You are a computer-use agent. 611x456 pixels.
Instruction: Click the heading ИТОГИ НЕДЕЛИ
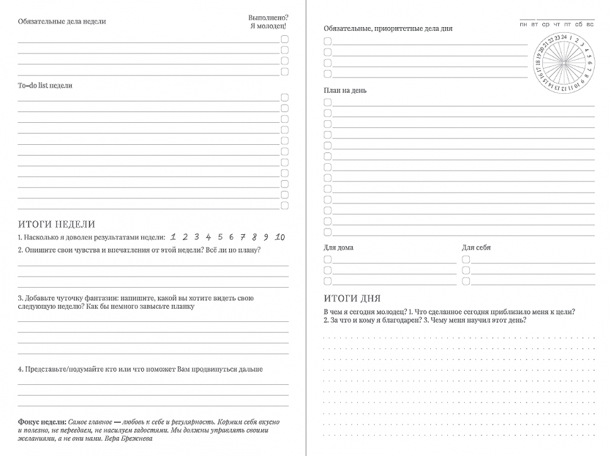coord(57,224)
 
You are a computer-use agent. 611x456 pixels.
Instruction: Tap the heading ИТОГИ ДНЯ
coord(352,298)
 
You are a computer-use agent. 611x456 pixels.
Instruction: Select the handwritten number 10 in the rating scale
coord(280,237)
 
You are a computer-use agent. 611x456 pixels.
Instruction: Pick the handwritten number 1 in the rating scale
coord(173,237)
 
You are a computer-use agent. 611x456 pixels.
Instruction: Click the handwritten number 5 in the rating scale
coord(220,237)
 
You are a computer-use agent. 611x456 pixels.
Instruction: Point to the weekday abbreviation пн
coord(523,25)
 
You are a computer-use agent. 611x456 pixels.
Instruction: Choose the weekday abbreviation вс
coord(590,25)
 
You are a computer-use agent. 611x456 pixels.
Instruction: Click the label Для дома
coord(338,248)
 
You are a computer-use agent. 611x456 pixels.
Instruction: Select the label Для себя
coord(476,248)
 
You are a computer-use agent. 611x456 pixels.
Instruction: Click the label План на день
coord(345,91)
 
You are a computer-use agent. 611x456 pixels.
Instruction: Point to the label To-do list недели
coord(45,86)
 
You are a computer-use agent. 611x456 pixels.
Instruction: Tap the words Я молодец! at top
coord(268,26)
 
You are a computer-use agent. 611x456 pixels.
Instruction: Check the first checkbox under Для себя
coord(466,259)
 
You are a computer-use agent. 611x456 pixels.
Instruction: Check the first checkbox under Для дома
coord(328,259)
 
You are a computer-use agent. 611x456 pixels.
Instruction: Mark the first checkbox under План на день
coord(328,102)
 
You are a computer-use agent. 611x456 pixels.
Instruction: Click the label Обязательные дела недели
coord(62,21)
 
